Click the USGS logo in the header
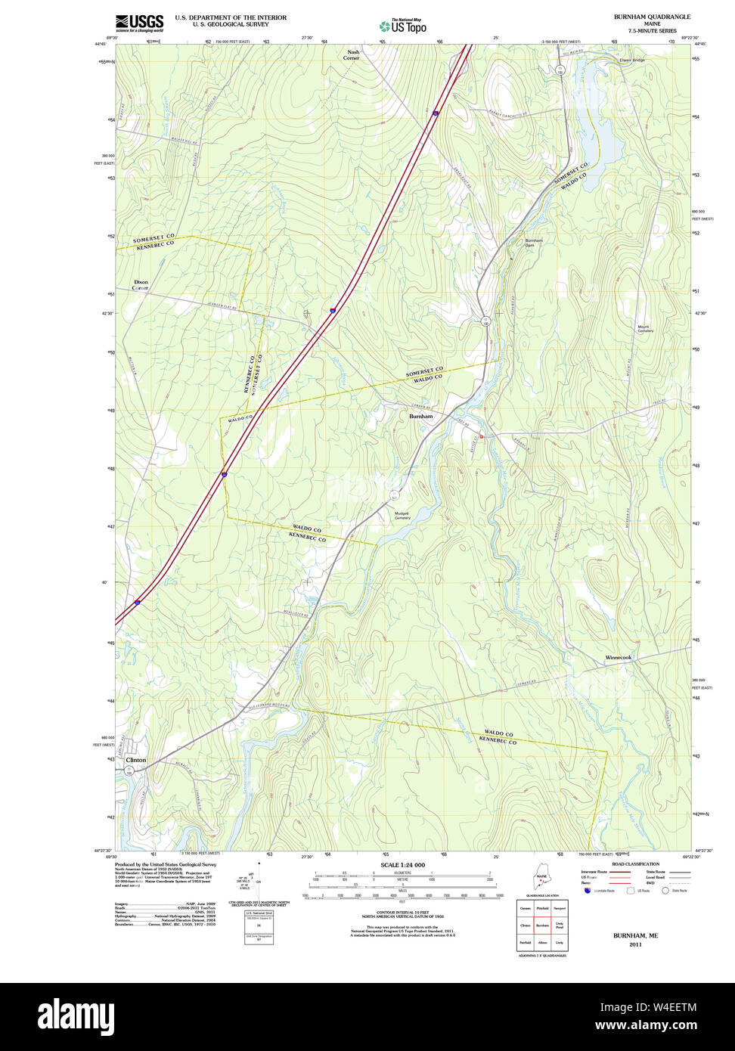pos(139,23)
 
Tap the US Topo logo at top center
pos(403,26)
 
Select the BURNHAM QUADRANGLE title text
pos(652,17)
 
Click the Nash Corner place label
pos(352,55)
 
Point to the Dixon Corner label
pos(141,285)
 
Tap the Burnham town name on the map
pos(421,417)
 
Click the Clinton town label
pos(136,760)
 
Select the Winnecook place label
pos(618,658)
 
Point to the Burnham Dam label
pos(534,243)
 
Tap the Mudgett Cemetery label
pos(402,516)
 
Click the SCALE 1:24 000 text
pos(402,864)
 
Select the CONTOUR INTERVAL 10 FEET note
pos(402,912)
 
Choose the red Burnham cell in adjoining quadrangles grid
pos(542,925)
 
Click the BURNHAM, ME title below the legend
pos(635,935)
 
